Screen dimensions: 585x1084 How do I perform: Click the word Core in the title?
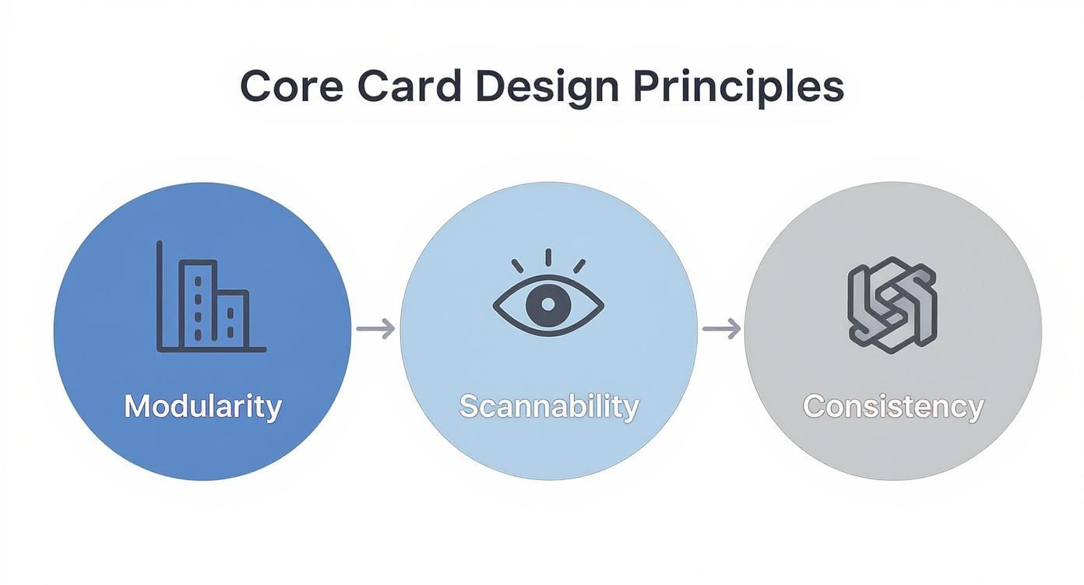(x=291, y=86)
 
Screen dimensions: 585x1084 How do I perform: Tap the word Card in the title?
(x=409, y=86)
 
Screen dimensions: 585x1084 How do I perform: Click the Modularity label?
(x=202, y=406)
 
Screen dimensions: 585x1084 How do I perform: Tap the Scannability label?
(x=548, y=406)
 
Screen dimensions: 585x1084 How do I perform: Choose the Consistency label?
(x=893, y=406)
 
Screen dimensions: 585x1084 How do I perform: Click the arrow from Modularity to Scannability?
(x=375, y=329)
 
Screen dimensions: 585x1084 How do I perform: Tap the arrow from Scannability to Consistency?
(x=721, y=329)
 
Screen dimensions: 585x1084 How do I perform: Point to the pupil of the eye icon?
(x=548, y=304)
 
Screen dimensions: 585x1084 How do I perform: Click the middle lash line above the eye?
(x=548, y=257)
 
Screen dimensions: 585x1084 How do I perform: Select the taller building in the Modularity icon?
(x=198, y=304)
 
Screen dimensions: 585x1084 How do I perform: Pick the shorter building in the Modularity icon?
(x=231, y=319)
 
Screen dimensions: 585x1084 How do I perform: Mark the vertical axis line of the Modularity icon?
(x=160, y=296)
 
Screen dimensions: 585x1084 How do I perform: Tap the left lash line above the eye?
(x=518, y=265)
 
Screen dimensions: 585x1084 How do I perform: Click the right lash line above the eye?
(x=579, y=265)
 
